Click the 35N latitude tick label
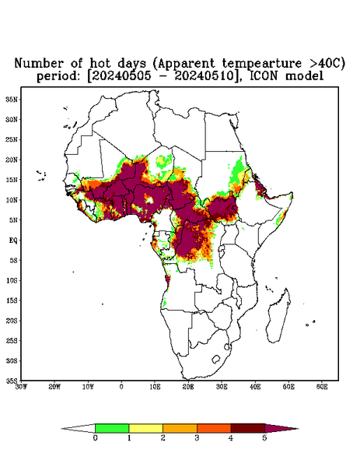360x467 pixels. pos(12,100)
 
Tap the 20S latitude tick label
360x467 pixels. pos(12,321)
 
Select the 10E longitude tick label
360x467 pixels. pos(155,387)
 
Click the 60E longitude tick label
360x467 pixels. pos(322,387)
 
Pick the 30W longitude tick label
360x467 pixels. pos(22,387)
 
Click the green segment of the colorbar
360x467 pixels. pos(112,428)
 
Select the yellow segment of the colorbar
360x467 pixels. pos(145,428)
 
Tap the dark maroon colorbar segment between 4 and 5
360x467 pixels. pos(248,428)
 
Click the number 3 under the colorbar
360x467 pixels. pos(197,438)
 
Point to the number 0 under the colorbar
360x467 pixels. pos(95,438)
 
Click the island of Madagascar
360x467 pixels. pos(279,316)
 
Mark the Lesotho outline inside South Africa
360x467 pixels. pos(216,359)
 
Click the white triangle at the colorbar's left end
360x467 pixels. pos(79,428)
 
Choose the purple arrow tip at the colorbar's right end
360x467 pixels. pos(281,428)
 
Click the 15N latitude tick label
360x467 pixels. pos(12,180)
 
